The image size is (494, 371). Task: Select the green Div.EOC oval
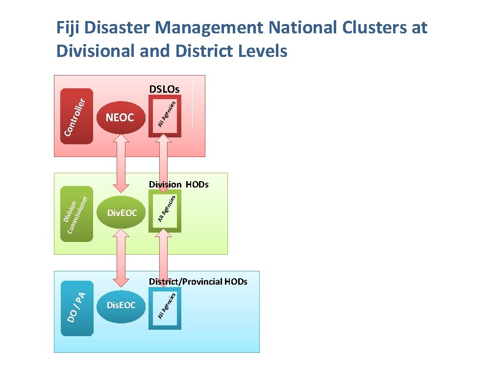(121, 213)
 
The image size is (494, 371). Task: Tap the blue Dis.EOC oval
(121, 306)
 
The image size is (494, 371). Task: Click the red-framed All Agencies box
(165, 116)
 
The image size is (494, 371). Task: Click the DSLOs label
(164, 89)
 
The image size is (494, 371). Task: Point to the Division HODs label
(179, 185)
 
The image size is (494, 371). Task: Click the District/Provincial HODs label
(198, 282)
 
